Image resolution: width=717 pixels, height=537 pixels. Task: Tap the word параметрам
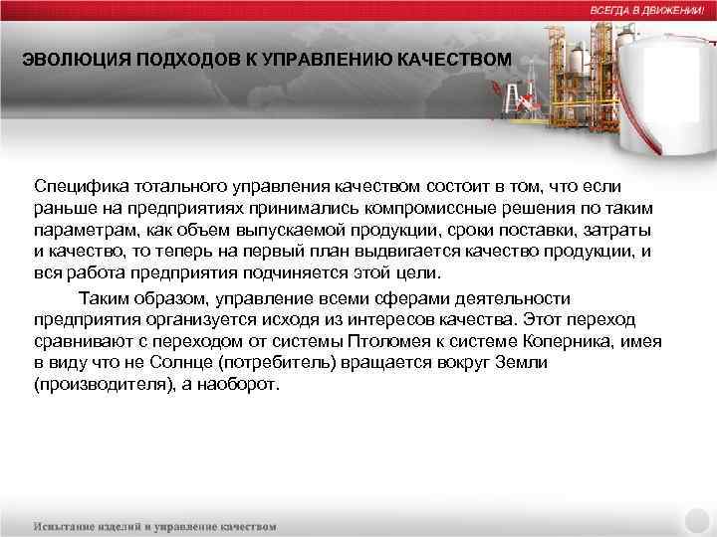click(82, 230)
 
